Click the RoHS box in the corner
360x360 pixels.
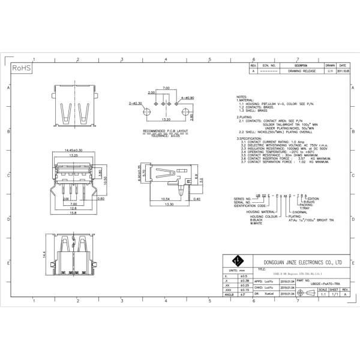(x=22, y=68)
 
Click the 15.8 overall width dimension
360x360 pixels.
(x=73, y=213)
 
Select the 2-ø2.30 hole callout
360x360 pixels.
(x=135, y=103)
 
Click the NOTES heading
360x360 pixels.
(x=241, y=97)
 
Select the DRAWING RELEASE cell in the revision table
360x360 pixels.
(x=301, y=71)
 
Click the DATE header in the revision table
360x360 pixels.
(x=343, y=65)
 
